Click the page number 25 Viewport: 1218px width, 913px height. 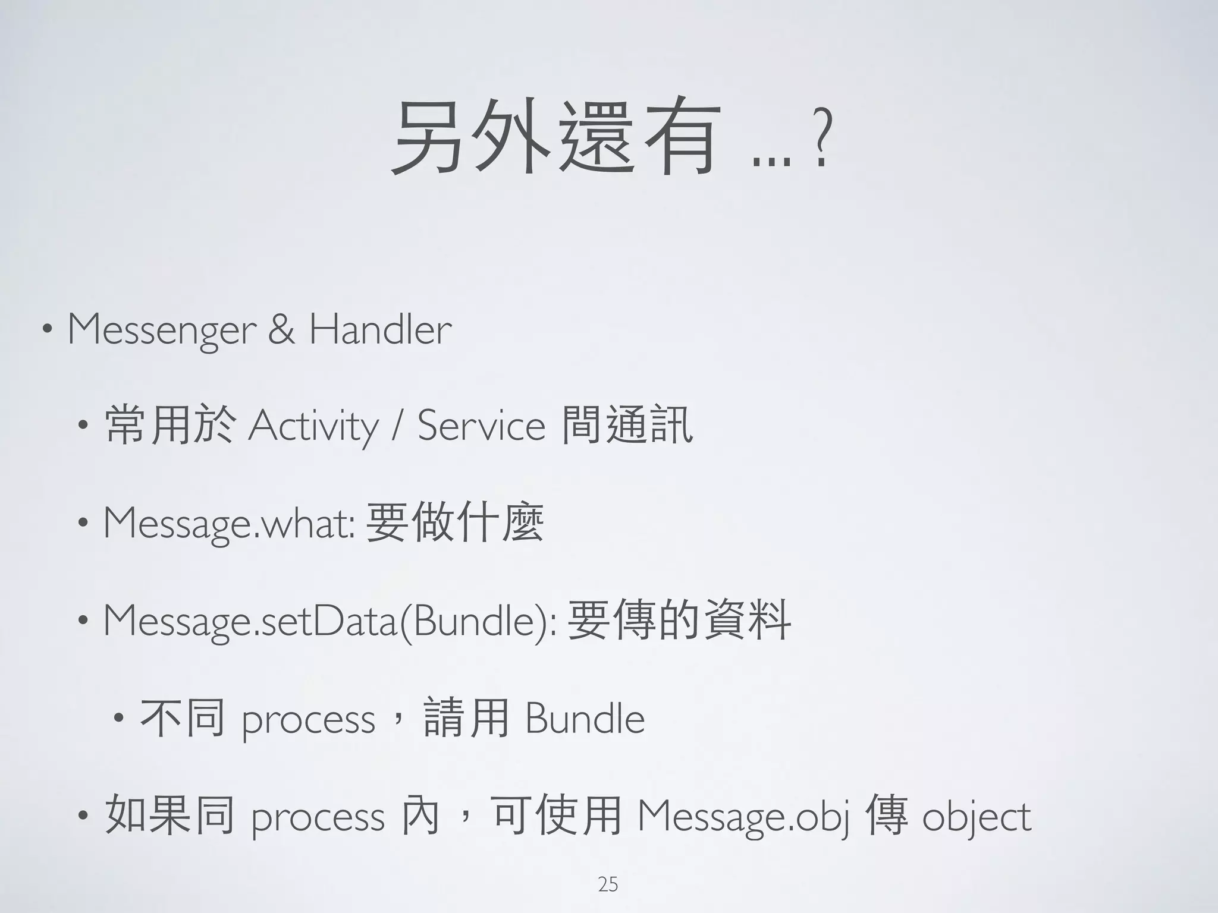(x=608, y=884)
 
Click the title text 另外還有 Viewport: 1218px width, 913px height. (x=553, y=138)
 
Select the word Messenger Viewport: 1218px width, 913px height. (x=162, y=330)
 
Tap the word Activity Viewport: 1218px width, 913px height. (x=313, y=427)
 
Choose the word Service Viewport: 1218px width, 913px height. (x=481, y=427)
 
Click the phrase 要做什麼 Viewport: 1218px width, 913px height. (x=455, y=523)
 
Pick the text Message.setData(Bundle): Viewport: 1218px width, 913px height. (x=330, y=622)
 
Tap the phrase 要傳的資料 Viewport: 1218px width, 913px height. (x=679, y=621)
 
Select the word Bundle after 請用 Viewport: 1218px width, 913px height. (x=585, y=719)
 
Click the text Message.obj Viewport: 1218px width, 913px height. (x=743, y=817)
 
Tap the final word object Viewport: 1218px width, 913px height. (x=977, y=817)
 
